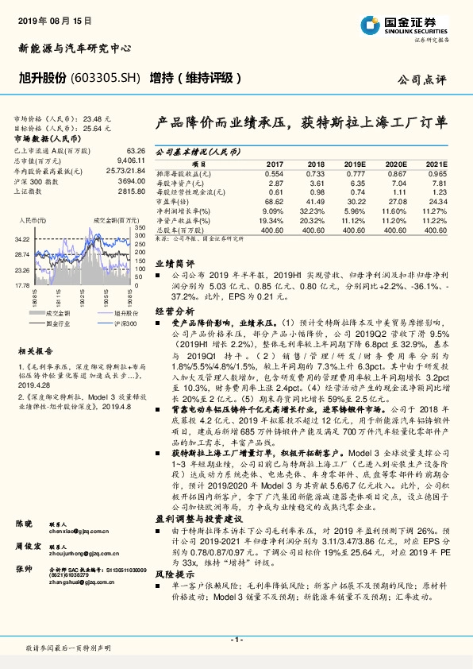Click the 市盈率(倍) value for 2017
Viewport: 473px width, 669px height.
(272, 203)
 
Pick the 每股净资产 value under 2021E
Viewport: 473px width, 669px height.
(437, 183)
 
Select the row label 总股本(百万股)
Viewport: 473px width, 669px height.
(182, 230)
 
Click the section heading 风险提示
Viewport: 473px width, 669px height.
(174, 573)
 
